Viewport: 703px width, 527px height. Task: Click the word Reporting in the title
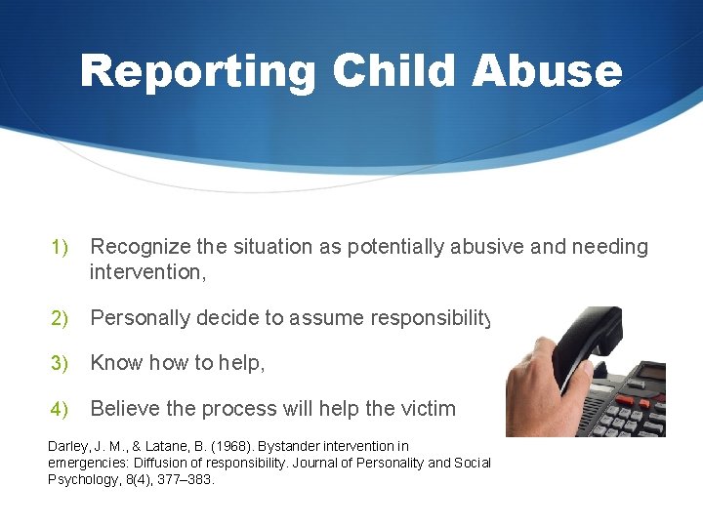pos(198,71)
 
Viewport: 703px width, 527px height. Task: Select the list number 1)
pos(61,248)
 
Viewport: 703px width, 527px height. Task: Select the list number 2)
pos(61,318)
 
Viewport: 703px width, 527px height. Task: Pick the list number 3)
pos(61,363)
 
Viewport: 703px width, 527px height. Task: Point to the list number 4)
pos(61,408)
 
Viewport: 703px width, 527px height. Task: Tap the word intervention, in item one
pos(147,272)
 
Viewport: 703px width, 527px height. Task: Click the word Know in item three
pos(115,363)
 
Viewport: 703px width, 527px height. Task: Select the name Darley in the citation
pos(66,446)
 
